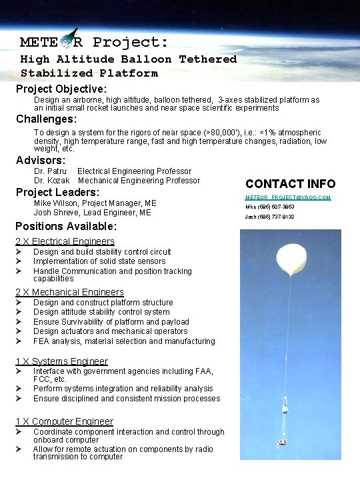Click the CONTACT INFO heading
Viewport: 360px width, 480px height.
[290, 183]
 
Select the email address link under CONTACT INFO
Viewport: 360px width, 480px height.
[288, 198]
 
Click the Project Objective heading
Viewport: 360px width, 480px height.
[61, 89]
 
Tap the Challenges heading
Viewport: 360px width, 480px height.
[47, 119]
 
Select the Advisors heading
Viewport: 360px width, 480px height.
[41, 160]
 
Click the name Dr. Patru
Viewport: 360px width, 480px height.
[50, 171]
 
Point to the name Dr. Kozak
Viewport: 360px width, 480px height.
[51, 181]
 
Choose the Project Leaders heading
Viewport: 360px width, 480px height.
[57, 192]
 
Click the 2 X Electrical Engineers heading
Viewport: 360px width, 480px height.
[65, 241]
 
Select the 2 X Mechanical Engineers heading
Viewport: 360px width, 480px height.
[69, 292]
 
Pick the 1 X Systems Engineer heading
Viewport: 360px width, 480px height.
[61, 361]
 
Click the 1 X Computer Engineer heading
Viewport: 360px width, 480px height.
[64, 421]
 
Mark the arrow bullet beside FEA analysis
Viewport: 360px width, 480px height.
[20, 341]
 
